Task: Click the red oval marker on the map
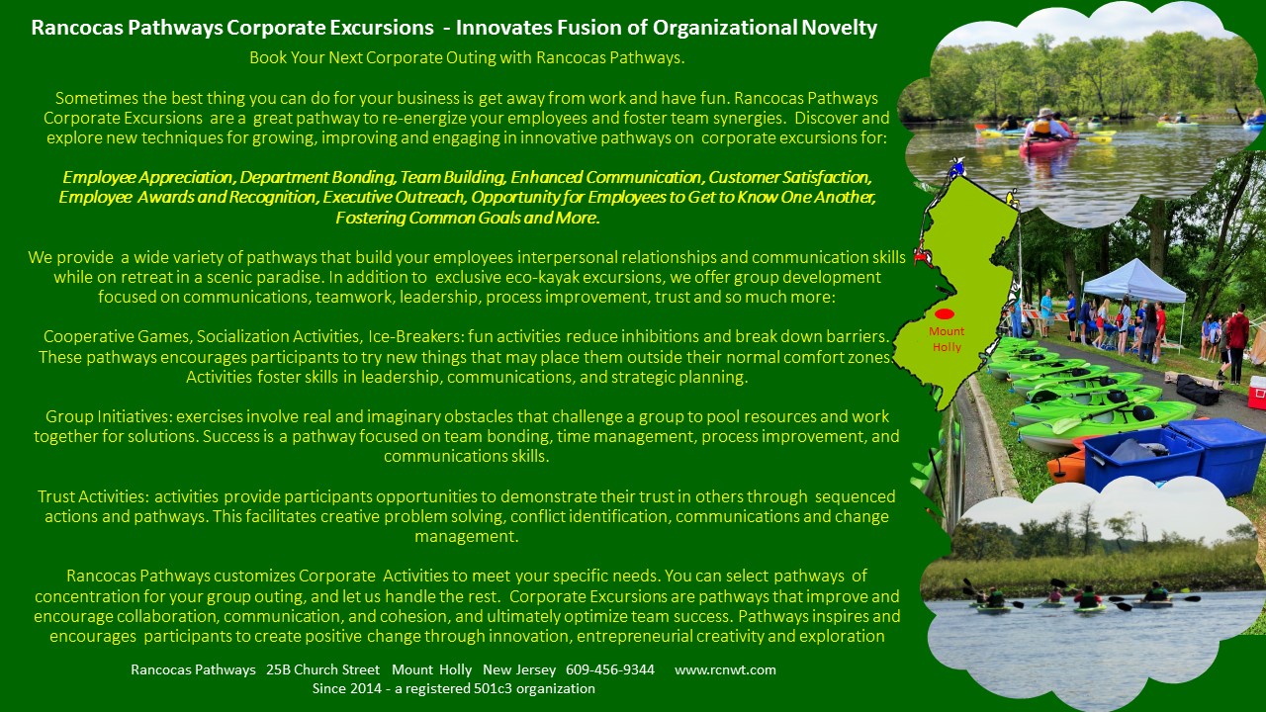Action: pos(945,314)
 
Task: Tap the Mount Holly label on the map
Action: pos(947,339)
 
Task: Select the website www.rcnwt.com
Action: pos(725,669)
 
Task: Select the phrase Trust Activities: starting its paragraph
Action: pos(93,496)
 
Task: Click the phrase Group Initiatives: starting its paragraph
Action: pos(108,416)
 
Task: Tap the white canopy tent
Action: pos(1133,282)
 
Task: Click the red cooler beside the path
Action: pos(1256,392)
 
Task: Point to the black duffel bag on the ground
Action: pos(1197,390)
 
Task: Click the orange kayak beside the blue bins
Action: pos(1066,465)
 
